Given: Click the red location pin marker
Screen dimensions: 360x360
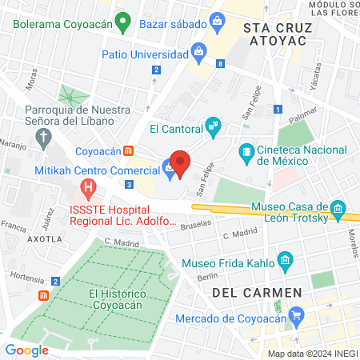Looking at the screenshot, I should [x=181, y=163].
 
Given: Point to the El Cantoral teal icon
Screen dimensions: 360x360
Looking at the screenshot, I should [x=213, y=126].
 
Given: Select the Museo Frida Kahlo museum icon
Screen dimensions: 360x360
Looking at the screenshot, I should [x=284, y=260].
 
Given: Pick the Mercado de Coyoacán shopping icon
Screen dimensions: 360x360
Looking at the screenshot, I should [x=297, y=315].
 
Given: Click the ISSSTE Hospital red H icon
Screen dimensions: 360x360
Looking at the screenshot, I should [x=88, y=190].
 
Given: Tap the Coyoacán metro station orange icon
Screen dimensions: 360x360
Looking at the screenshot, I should [x=128, y=150].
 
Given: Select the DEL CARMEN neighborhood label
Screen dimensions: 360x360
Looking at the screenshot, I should [x=257, y=293].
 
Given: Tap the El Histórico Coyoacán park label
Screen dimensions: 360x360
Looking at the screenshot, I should [x=117, y=299].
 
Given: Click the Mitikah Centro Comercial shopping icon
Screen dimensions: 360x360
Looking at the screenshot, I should [x=168, y=168].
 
